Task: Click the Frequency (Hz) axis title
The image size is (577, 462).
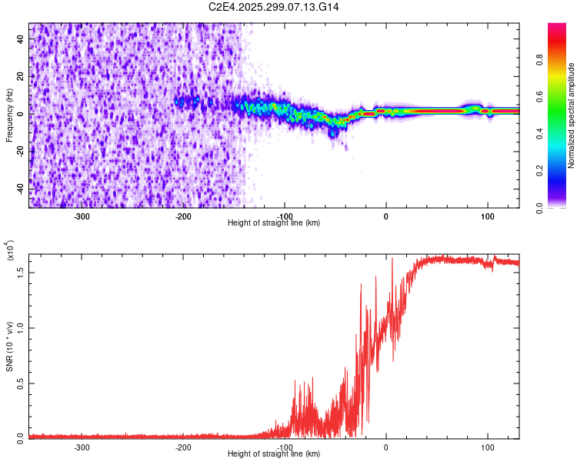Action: click(x=9, y=115)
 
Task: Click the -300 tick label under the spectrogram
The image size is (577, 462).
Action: click(x=82, y=216)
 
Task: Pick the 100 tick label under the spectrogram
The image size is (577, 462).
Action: click(x=487, y=216)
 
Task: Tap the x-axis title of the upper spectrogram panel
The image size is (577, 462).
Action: click(x=275, y=223)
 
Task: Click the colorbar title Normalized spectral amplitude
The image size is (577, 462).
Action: click(x=571, y=115)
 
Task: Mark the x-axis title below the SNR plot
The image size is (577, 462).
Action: click(x=275, y=454)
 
